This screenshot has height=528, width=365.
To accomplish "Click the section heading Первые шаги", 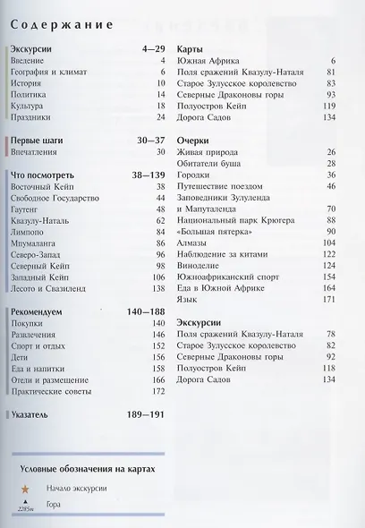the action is coord(42,141).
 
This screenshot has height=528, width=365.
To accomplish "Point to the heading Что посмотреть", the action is coord(47,175).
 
